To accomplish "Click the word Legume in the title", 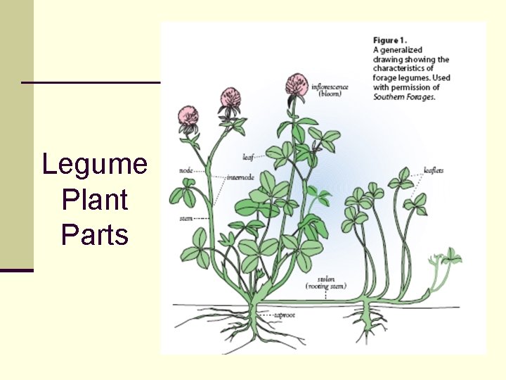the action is [x=95, y=165].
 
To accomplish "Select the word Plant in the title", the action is [x=95, y=200].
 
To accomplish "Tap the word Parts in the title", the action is [x=95, y=234].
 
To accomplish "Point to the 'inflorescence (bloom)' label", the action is [x=330, y=90].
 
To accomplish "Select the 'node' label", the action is [x=186, y=170].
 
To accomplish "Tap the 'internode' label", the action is [x=240, y=177].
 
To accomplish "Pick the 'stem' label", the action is [x=186, y=219].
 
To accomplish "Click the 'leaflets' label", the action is [x=434, y=170].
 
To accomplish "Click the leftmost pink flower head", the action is [x=188, y=116].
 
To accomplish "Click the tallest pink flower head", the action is [x=297, y=84].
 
